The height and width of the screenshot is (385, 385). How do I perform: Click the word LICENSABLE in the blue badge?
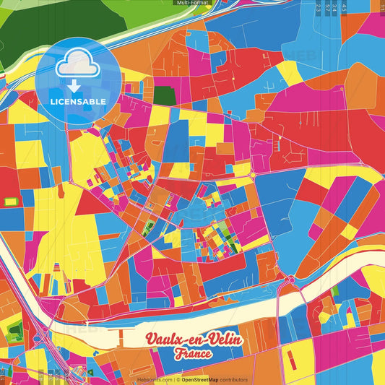(78, 101)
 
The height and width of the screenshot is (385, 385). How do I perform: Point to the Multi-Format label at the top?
(191, 3)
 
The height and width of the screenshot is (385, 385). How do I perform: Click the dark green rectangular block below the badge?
(164, 95)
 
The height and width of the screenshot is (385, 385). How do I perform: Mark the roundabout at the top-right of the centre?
(253, 176)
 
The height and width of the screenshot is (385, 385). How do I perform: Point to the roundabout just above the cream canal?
(290, 280)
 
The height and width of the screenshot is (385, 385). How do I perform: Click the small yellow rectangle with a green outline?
(11, 202)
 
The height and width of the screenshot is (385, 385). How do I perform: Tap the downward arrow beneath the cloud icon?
(76, 87)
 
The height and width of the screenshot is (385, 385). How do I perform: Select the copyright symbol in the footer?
(178, 379)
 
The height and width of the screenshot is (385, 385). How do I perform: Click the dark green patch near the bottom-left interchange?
(15, 334)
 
